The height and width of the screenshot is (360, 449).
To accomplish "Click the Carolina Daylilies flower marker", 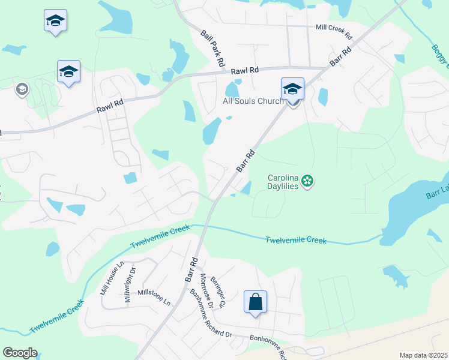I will (x=307, y=181).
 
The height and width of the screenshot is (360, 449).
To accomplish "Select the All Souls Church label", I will (x=253, y=101).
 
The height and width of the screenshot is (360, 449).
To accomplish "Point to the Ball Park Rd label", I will (x=213, y=48).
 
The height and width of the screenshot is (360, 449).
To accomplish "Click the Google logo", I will (x=20, y=353).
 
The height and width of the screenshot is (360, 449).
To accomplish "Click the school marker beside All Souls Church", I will (x=292, y=89).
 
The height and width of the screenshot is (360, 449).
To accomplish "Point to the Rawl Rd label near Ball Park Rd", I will (x=246, y=70).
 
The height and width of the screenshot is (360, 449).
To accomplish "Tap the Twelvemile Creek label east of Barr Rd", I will (x=296, y=240).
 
